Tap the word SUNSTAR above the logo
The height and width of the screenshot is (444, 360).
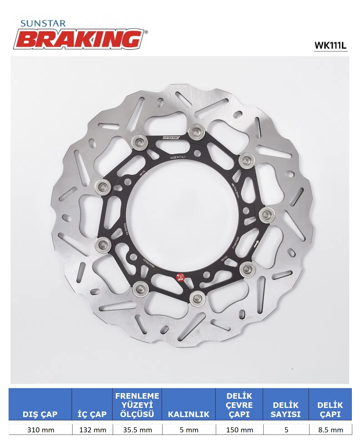43,24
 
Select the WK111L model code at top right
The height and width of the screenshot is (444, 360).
330,45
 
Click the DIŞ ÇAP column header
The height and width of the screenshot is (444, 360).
40,414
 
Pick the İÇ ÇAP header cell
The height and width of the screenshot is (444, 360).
92,414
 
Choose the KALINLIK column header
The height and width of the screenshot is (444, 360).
189,414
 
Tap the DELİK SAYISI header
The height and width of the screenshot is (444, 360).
286,410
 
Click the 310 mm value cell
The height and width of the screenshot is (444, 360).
41,430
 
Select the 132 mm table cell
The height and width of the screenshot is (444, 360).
92,430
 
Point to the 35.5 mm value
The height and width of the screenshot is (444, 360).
137,430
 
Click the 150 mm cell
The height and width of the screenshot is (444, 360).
239,430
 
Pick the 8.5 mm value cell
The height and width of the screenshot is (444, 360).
331,430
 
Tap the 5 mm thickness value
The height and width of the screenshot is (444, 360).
189,430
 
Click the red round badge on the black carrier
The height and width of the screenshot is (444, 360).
181,277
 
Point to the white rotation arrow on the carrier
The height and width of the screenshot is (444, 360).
256,244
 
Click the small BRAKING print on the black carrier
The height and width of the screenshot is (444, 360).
171,138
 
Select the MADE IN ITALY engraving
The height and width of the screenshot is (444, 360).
178,157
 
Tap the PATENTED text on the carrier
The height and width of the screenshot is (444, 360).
125,229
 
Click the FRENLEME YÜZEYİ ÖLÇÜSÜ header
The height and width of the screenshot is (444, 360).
137,405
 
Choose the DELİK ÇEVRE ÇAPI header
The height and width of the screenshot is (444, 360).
239,405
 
